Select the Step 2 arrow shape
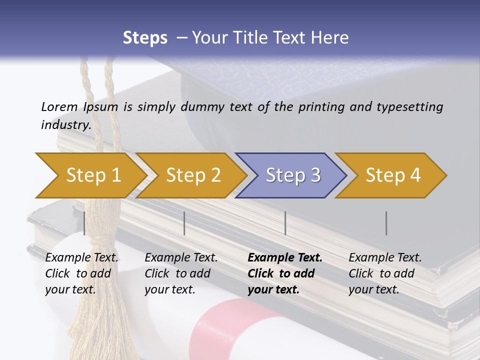tap(192, 175)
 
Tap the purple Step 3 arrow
tap(292, 175)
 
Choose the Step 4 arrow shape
tap(392, 175)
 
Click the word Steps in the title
tap(145, 38)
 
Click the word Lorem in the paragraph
tap(59, 106)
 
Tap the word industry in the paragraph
tap(65, 124)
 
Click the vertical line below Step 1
tap(84, 223)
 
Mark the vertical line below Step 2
tap(184, 223)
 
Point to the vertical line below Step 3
tap(285, 223)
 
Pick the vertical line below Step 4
tap(386, 223)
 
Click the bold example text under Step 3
tap(285, 273)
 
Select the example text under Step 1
tap(81, 273)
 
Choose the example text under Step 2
tap(181, 273)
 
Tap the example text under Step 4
tap(385, 273)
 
